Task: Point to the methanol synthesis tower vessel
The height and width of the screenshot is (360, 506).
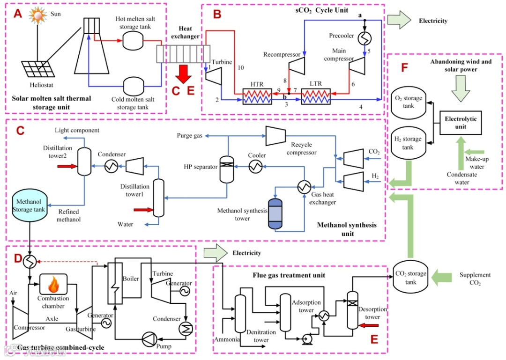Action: [x=275, y=213]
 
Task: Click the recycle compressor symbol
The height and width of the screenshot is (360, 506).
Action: [x=276, y=135]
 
